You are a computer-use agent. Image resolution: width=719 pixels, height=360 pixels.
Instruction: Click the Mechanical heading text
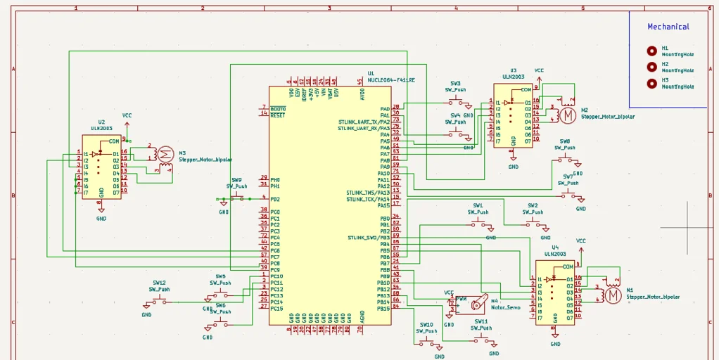tap(668, 27)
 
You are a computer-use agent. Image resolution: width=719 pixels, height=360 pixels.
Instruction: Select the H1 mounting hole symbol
tap(652, 51)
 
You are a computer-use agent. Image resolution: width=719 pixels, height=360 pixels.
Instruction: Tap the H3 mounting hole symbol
tap(652, 84)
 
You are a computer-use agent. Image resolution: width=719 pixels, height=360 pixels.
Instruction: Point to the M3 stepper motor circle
tap(165, 154)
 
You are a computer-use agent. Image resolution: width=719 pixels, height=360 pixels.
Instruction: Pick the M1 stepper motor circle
tap(613, 295)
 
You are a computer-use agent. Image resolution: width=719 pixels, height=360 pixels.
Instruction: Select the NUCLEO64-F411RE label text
tap(391, 80)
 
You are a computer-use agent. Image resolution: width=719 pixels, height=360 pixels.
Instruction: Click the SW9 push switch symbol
tap(236, 199)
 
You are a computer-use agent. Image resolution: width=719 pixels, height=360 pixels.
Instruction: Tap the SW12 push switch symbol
tap(159, 302)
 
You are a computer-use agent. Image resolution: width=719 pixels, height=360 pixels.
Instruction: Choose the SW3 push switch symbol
tap(455, 102)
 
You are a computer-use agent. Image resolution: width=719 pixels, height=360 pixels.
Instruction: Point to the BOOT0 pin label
tap(278, 109)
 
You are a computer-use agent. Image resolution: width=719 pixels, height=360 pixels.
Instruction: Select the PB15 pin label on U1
tap(383, 309)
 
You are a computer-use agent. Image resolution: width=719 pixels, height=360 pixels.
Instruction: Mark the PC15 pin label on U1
tap(276, 309)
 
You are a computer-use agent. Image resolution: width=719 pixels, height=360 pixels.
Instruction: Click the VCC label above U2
tap(127, 115)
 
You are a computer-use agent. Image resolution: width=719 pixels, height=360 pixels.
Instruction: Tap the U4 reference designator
tap(555, 247)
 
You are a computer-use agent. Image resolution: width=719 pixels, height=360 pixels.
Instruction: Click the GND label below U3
tap(514, 167)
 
